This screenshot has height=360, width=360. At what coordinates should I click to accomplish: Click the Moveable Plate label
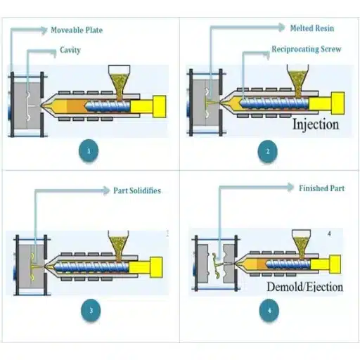(77, 30)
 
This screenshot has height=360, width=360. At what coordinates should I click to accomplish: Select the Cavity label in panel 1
(70, 51)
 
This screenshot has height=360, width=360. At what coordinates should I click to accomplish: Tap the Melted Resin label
(311, 29)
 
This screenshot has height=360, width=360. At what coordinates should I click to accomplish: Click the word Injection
(316, 125)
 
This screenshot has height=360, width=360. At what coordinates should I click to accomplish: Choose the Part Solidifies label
(137, 191)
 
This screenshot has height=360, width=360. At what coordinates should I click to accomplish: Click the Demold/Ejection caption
(304, 287)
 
